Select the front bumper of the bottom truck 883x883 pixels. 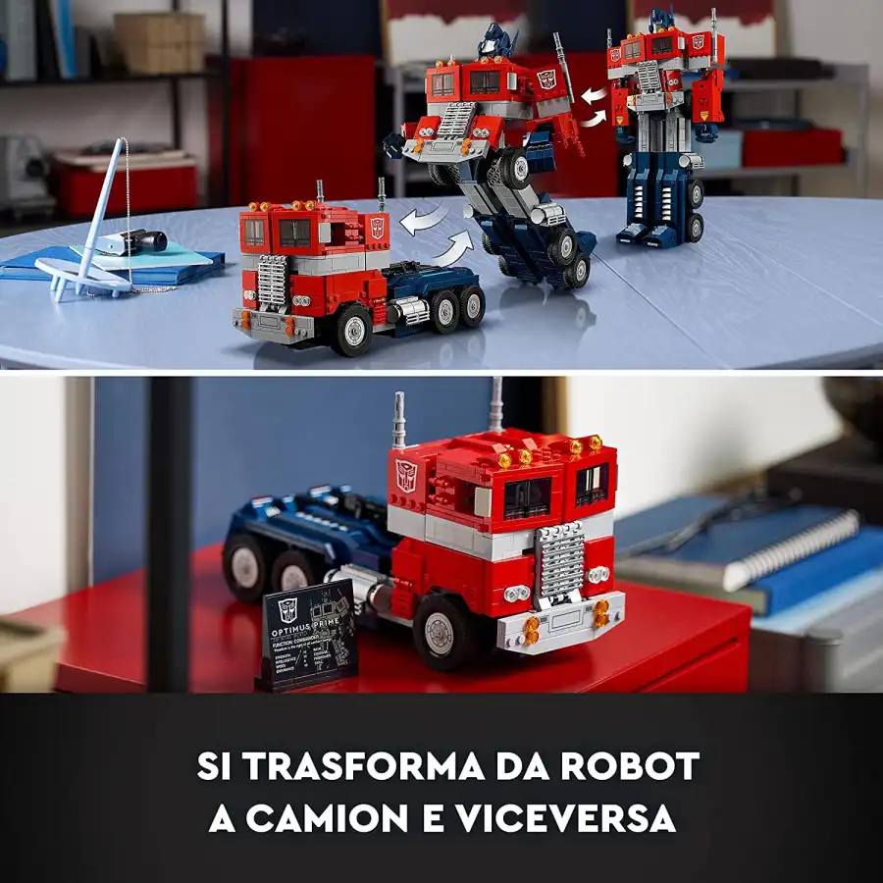click(x=560, y=620)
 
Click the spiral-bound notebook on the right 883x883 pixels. click(x=775, y=535)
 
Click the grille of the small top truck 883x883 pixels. click(x=272, y=282)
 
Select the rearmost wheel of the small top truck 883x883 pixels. click(x=472, y=306)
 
